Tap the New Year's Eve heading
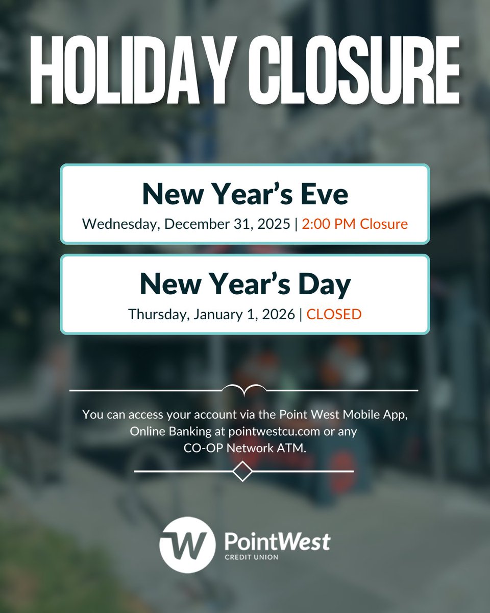(x=245, y=194)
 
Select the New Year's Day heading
(x=245, y=285)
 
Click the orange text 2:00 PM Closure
(x=355, y=224)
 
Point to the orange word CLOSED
(x=334, y=314)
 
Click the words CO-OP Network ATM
(x=245, y=448)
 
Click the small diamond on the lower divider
(x=242, y=471)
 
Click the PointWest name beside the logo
(x=277, y=541)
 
